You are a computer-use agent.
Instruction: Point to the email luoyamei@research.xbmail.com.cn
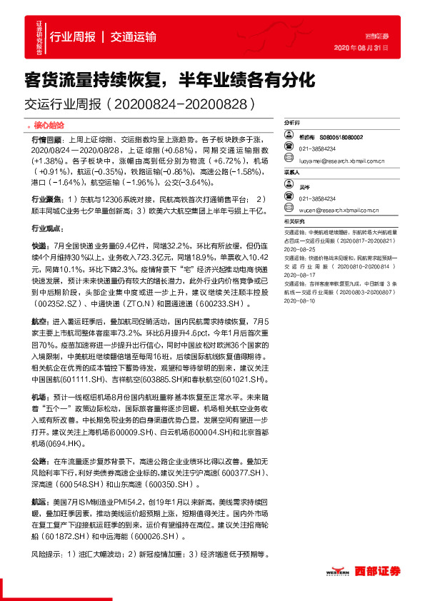(x=343, y=161)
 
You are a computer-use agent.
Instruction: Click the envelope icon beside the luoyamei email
(x=292, y=161)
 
